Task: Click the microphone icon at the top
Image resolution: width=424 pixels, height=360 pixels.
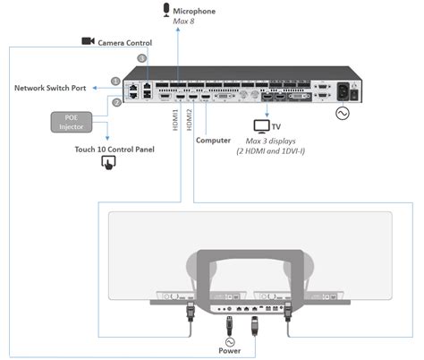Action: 165,10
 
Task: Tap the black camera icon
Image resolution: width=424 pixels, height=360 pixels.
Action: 88,41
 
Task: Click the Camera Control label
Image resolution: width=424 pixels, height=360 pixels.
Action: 124,42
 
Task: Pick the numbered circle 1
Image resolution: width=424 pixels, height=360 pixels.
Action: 114,81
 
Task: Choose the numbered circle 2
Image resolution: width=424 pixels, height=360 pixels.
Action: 115,102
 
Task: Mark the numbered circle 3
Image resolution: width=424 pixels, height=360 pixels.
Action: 141,58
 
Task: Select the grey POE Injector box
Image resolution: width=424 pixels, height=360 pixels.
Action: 72,121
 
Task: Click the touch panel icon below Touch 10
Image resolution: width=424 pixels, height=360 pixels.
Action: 109,162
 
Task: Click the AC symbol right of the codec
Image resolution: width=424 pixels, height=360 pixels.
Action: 391,114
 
